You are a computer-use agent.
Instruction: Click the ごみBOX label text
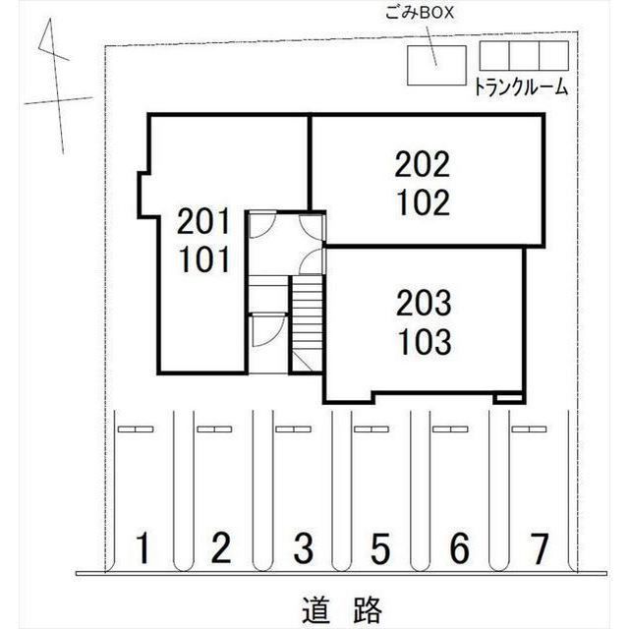coord(420,13)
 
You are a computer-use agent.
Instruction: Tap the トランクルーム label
coord(521,86)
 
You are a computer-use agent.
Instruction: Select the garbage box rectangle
coord(436,66)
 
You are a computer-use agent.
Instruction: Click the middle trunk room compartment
coord(524,55)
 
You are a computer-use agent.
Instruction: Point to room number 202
coord(423,164)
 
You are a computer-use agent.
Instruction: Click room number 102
coord(424,202)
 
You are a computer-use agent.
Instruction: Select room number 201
coord(203,221)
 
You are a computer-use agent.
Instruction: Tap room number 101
coord(204,259)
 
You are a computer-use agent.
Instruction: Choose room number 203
coord(424,304)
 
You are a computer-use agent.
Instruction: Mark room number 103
coord(425,342)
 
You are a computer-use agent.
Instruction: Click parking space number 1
coord(143,548)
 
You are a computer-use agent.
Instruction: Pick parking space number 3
coord(303,548)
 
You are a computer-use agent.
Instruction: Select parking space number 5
coord(380,548)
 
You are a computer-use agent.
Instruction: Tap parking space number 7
coord(539,548)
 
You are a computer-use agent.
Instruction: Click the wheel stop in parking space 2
coord(214,429)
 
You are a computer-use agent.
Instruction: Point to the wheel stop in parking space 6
coord(450,429)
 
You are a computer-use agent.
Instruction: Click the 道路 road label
coord(342,609)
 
